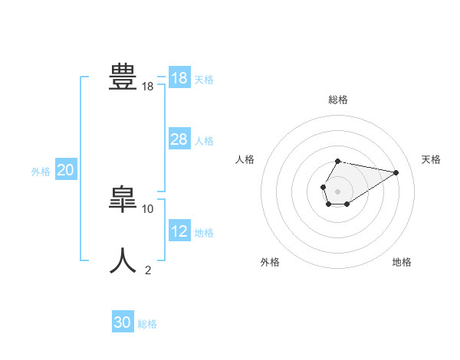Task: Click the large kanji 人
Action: pyautogui.click(x=123, y=260)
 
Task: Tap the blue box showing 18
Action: pyautogui.click(x=179, y=78)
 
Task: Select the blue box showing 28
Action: pyautogui.click(x=179, y=139)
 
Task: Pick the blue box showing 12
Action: pyautogui.click(x=179, y=231)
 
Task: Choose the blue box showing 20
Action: pyautogui.click(x=66, y=170)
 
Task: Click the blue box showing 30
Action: pyautogui.click(x=123, y=323)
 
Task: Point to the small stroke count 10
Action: pyautogui.click(x=148, y=208)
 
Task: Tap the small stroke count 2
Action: pyautogui.click(x=148, y=270)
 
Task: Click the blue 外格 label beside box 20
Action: pyautogui.click(x=41, y=172)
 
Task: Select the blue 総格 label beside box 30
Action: pyautogui.click(x=147, y=325)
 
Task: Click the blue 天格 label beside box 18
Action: pyautogui.click(x=204, y=80)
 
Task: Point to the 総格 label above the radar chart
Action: pyautogui.click(x=338, y=100)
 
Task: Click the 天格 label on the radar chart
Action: pyautogui.click(x=432, y=159)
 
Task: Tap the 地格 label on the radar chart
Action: pyautogui.click(x=402, y=263)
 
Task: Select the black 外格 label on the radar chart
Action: pyautogui.click(x=270, y=263)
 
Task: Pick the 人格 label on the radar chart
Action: pyautogui.click(x=245, y=159)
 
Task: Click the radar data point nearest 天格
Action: pyautogui.click(x=396, y=172)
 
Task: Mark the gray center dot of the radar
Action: pyautogui.click(x=338, y=190)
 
